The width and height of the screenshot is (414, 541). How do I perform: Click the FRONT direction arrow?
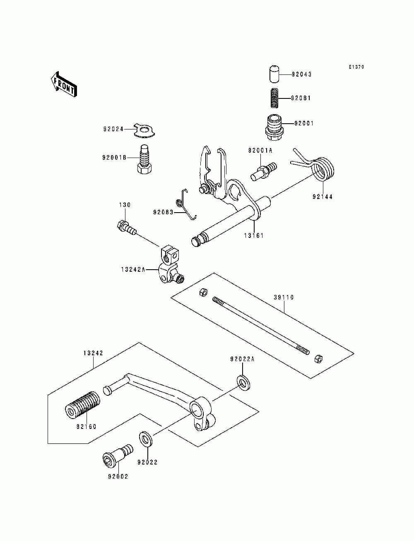pyautogui.click(x=64, y=84)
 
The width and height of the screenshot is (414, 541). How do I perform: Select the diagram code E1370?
pyautogui.click(x=356, y=67)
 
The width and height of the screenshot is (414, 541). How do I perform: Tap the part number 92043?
pyautogui.click(x=301, y=74)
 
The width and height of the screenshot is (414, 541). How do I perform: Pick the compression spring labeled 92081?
pyautogui.click(x=274, y=98)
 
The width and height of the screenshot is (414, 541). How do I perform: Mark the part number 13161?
pyautogui.click(x=254, y=236)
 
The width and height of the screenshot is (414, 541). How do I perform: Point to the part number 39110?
pyautogui.click(x=284, y=297)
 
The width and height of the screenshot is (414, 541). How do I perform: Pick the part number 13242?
pyautogui.click(x=93, y=353)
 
